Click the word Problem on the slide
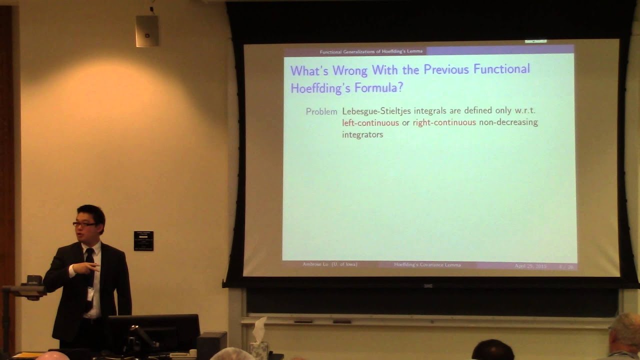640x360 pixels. click(x=321, y=111)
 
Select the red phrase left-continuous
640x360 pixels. click(x=370, y=122)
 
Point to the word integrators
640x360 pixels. click(x=362, y=134)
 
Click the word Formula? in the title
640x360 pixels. click(x=379, y=88)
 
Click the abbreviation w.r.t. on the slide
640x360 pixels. click(x=525, y=110)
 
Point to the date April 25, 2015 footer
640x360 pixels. click(x=530, y=266)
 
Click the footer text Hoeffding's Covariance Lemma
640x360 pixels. click(x=427, y=264)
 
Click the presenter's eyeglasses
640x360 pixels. click(x=84, y=224)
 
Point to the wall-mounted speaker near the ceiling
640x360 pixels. click(x=147, y=30)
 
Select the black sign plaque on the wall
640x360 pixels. click(x=143, y=240)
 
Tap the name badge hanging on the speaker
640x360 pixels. click(x=90, y=293)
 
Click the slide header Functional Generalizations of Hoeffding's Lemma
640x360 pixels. click(x=371, y=51)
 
